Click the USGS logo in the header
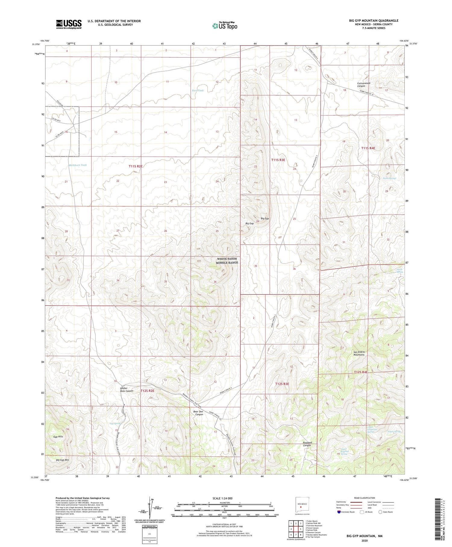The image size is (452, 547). pyautogui.click(x=69, y=24)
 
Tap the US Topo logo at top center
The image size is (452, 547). pyautogui.click(x=224, y=26)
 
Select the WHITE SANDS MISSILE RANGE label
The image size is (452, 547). pyautogui.click(x=227, y=261)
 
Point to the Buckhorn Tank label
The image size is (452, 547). pyautogui.click(x=78, y=165)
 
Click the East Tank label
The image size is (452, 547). pyautogui.click(x=198, y=91)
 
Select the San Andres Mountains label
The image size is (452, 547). pyautogui.click(x=359, y=353)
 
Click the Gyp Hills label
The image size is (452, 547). pyautogui.click(x=58, y=437)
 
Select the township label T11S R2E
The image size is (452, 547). pyautogui.click(x=135, y=166)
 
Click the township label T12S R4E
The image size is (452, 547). pyautogui.click(x=361, y=372)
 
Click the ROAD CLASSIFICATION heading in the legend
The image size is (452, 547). pyautogui.click(x=364, y=498)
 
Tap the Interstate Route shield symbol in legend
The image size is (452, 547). pyautogui.click(x=339, y=512)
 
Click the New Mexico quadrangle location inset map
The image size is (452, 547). pyautogui.click(x=300, y=506)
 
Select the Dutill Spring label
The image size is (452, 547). pyautogui.click(x=399, y=271)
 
